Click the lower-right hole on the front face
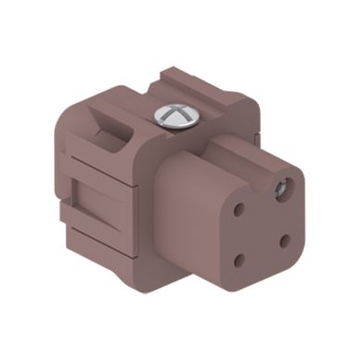point(286,240)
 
